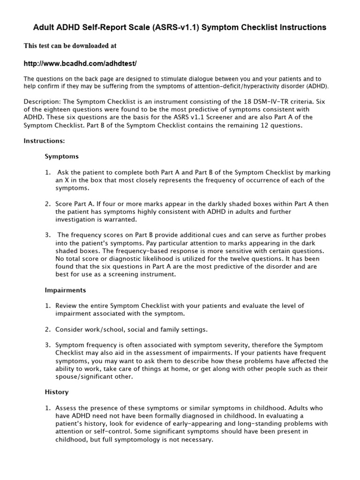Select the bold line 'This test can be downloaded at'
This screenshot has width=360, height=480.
(70, 46)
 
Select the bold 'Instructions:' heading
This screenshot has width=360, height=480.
(45, 140)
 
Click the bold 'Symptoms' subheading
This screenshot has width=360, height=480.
(61, 156)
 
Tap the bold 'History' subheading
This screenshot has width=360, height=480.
(56, 392)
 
